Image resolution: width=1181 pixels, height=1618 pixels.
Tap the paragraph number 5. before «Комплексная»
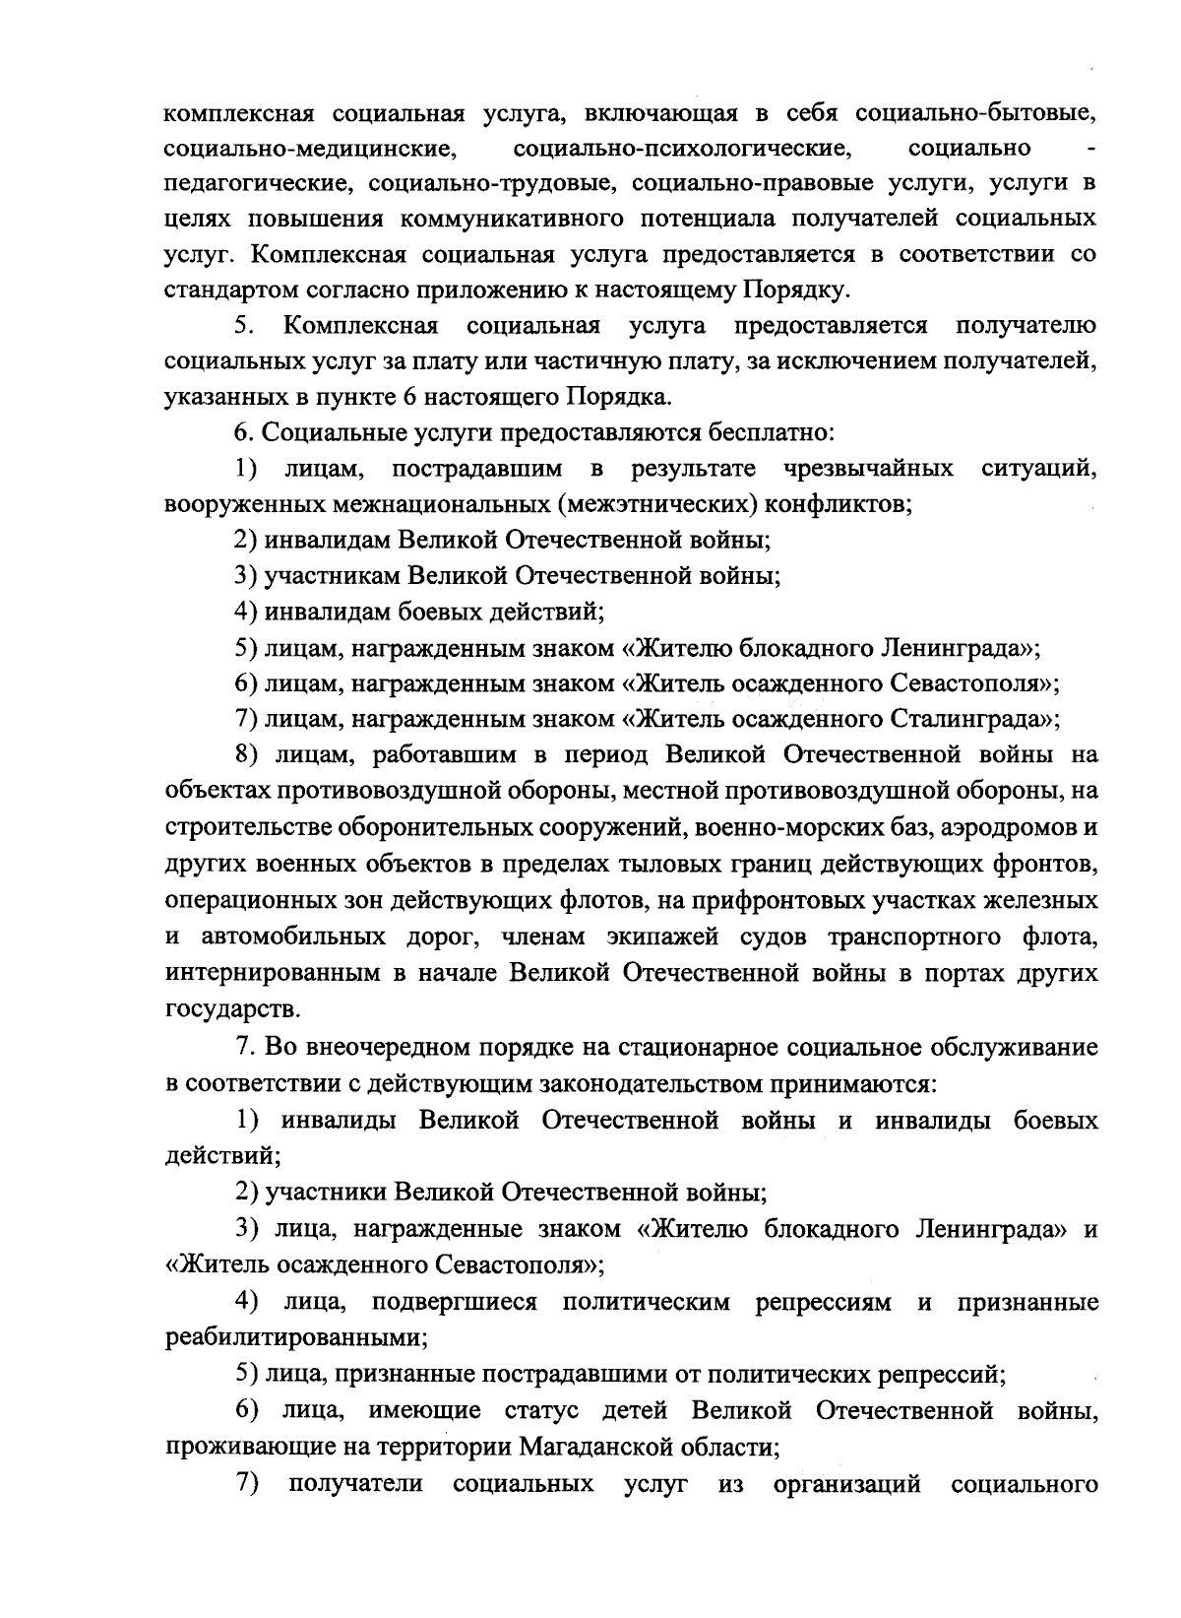tap(245, 326)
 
